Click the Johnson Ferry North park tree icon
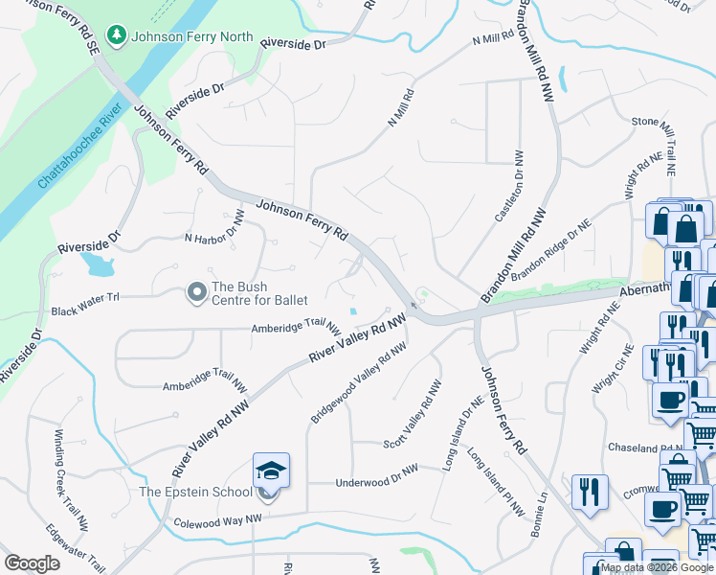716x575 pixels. pyautogui.click(x=117, y=36)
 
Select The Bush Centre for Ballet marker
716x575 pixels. pyautogui.click(x=197, y=291)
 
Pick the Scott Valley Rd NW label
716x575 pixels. pyautogui.click(x=413, y=414)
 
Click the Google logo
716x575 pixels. pyautogui.click(x=33, y=563)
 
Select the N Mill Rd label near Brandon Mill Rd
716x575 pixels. pyautogui.click(x=494, y=39)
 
